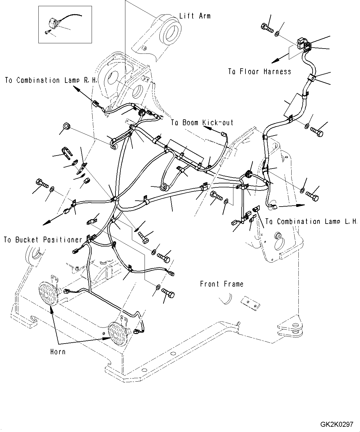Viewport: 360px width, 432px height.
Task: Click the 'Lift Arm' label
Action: (195, 16)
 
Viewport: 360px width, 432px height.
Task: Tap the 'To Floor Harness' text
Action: (259, 71)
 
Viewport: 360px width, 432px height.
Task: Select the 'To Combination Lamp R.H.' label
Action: (51, 80)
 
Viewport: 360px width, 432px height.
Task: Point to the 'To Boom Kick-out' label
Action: (202, 122)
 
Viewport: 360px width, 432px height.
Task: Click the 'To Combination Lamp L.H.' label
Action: (311, 221)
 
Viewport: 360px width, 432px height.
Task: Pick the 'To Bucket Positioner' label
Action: (43, 240)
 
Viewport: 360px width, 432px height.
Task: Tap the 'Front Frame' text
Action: (222, 284)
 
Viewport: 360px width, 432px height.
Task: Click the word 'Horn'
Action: (58, 352)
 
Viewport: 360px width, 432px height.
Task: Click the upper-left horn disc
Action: (48, 293)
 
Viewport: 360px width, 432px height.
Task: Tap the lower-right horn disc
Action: (117, 334)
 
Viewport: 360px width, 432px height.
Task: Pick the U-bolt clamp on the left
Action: (67, 153)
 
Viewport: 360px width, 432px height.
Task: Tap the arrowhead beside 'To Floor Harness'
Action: (275, 61)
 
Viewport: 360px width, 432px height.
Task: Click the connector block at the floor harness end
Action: (303, 45)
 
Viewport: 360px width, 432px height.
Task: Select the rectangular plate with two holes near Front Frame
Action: (250, 303)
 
